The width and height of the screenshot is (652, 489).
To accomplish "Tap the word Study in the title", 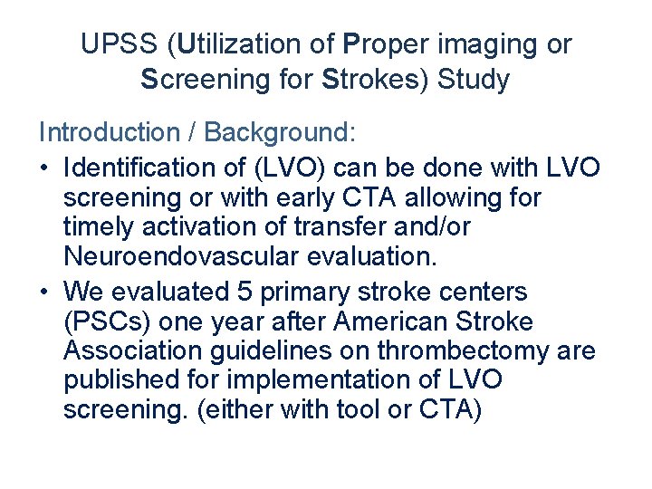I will point(473,80).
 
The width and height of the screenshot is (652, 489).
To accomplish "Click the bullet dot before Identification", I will point(44,168).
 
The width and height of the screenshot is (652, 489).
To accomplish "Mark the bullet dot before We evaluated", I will point(44,292).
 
